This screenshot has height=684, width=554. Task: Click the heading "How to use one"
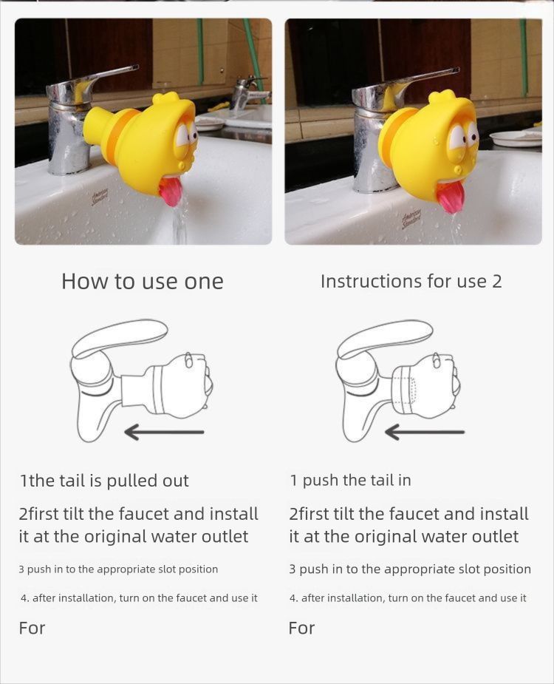click(142, 282)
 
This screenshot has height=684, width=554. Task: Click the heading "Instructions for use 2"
click(411, 282)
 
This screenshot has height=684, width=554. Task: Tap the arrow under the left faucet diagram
click(164, 433)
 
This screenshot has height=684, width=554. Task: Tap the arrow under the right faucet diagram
click(425, 433)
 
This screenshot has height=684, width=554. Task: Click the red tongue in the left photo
click(171, 192)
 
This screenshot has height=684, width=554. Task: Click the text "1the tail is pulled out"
click(104, 481)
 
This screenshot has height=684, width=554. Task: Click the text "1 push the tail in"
click(350, 481)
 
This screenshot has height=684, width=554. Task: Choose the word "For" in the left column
click(32, 628)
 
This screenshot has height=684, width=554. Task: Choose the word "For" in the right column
click(301, 628)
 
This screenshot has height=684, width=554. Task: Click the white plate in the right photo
click(515, 138)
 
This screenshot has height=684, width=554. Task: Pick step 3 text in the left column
click(118, 569)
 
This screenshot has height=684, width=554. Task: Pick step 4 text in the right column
click(408, 598)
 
